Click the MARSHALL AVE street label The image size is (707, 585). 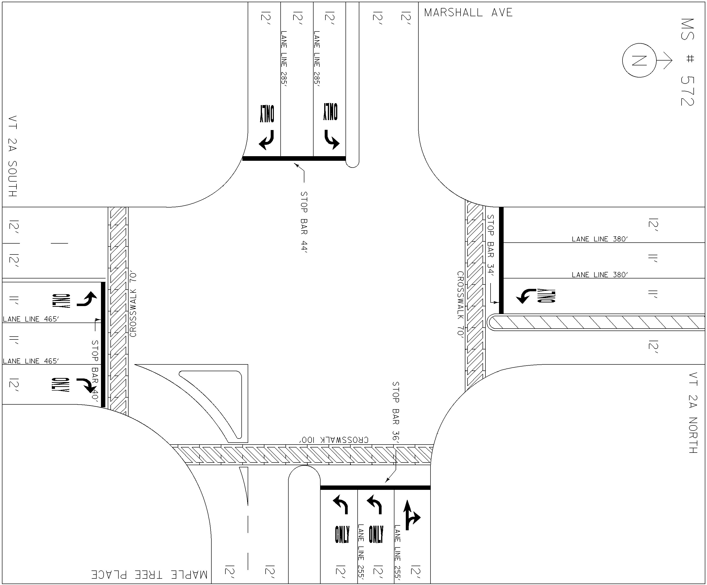pos(468,12)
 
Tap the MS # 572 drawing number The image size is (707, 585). pos(687,62)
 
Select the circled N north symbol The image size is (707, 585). pos(639,60)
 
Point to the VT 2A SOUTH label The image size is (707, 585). pos(12,156)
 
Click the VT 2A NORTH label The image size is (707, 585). pos(692,413)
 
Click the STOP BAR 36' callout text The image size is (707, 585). pos(396,412)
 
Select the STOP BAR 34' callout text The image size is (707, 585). pos(491,245)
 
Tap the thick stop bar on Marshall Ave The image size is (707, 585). pos(294,158)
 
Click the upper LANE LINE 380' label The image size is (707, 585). pos(599,239)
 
